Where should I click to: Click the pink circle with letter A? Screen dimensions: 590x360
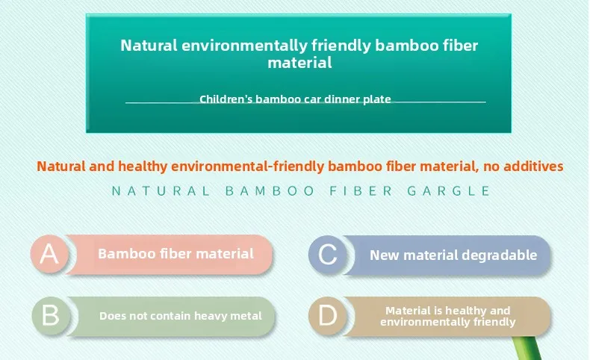[50, 254]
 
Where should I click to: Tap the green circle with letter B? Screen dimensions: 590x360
[52, 316]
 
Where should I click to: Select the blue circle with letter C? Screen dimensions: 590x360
[328, 255]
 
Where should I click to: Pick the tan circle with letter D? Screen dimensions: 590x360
[328, 316]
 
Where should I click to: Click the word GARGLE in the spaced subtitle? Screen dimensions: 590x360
[449, 191]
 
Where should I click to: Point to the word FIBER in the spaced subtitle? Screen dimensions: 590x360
[361, 191]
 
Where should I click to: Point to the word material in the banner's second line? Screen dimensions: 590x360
[300, 63]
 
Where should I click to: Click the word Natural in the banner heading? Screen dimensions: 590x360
[149, 46]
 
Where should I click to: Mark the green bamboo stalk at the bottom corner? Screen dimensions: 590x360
[528, 349]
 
